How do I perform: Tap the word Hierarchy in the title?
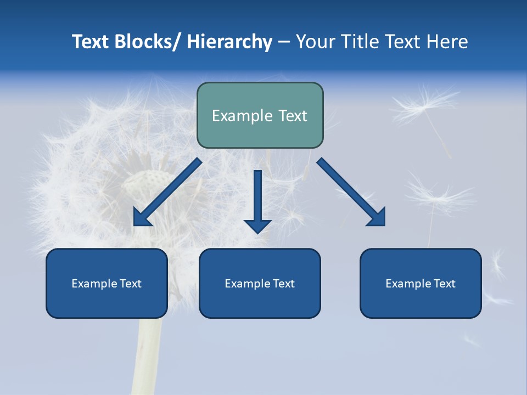(x=229, y=42)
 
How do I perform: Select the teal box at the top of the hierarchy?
(x=260, y=115)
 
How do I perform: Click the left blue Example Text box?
(x=106, y=283)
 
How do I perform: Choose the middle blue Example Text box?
(x=260, y=283)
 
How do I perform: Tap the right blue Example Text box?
(x=421, y=283)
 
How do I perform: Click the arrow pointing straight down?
(x=257, y=200)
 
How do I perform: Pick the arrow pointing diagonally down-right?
(x=351, y=193)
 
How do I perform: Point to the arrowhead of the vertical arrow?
(x=257, y=225)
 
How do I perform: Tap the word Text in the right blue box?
(x=444, y=284)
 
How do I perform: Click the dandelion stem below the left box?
(x=148, y=357)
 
